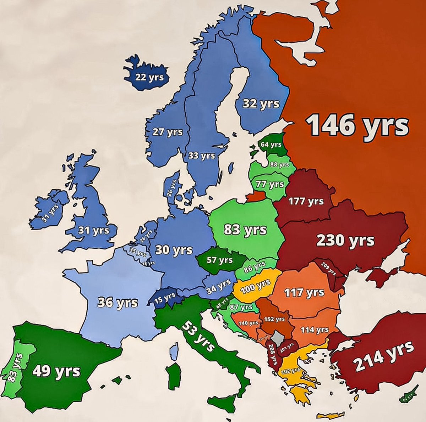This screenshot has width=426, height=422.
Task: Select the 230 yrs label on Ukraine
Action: [x=345, y=240]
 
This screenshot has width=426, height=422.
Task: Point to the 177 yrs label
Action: [x=306, y=201]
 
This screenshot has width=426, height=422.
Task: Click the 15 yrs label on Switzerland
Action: [x=165, y=297]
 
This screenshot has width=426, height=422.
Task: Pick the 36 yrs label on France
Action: [x=118, y=303]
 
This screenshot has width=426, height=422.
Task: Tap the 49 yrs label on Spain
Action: [x=56, y=371]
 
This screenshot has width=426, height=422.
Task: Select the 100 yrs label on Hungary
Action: [x=255, y=286]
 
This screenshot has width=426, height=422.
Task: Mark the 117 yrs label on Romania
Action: [x=304, y=292]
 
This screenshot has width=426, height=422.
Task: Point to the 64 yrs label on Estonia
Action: [x=271, y=144]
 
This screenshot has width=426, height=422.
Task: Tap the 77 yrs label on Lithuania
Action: [x=270, y=184]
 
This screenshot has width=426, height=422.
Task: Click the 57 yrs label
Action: [x=220, y=260]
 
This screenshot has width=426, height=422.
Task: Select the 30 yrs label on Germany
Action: [x=174, y=250]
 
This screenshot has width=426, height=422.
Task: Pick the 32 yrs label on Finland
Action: [x=261, y=103]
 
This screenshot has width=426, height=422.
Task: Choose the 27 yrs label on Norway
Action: [x=168, y=132]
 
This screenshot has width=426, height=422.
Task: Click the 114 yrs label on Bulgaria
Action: [x=315, y=330]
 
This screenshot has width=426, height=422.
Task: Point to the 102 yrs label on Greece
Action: [x=290, y=371]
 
